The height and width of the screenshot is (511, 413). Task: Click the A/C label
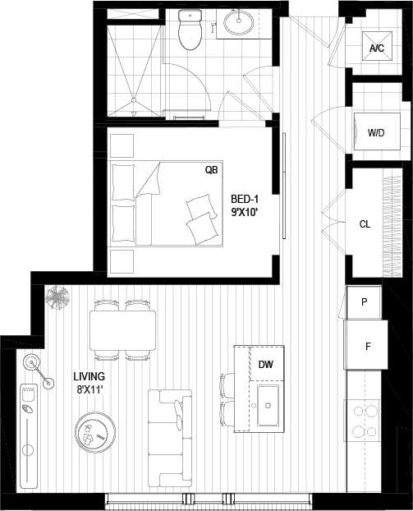pyautogui.click(x=377, y=48)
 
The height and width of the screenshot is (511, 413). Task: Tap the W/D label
pyautogui.click(x=377, y=131)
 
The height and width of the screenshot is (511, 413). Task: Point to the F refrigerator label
pyautogui.click(x=368, y=346)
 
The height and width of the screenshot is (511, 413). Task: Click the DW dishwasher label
pyautogui.click(x=265, y=364)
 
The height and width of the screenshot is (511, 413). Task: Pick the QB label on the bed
pyautogui.click(x=211, y=171)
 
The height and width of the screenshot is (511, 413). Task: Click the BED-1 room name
pyautogui.click(x=245, y=199)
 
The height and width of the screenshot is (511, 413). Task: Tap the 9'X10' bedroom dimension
pyautogui.click(x=245, y=212)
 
